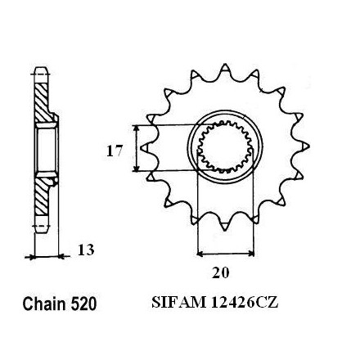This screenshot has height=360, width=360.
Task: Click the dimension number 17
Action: click(x=115, y=151)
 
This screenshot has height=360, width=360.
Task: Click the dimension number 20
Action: click(x=221, y=272)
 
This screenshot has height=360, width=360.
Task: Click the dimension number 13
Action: click(x=86, y=250)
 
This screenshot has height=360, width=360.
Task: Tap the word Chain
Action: click(x=44, y=304)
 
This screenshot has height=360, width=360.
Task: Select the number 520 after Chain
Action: click(x=83, y=304)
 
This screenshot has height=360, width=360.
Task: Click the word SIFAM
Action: click(x=178, y=302)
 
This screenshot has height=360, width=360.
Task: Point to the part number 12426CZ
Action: click(x=245, y=302)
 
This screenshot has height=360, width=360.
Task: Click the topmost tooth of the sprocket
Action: click(x=225, y=69)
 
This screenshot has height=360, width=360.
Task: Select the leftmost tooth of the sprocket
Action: click(x=146, y=147)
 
